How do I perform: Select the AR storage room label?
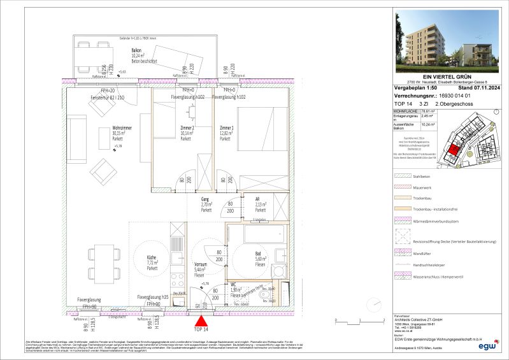[258, 199]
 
